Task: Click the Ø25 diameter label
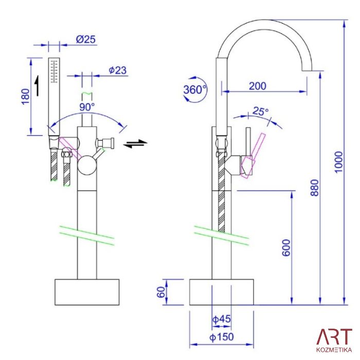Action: coord(86,39)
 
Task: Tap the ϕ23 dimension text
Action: coord(118,70)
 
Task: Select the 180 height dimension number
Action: coord(26,97)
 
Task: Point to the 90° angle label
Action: coord(87,107)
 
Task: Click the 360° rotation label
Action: coord(195,89)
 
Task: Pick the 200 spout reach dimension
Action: coord(258,86)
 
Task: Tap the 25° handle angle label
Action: coord(260,112)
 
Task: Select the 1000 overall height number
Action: coord(338,162)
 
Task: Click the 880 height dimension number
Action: coord(315,188)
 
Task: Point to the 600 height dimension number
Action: coord(286,247)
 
